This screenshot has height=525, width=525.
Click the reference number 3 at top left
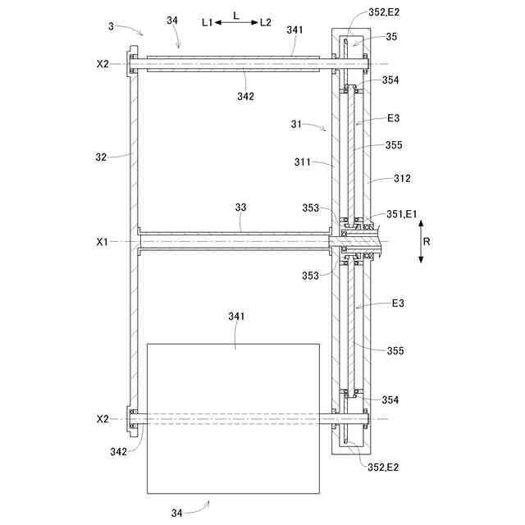(112, 26)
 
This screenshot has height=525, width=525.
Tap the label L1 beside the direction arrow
(208, 22)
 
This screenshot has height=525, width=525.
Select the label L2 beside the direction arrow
(266, 22)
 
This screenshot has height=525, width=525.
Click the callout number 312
(402, 178)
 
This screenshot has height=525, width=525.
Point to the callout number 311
(303, 162)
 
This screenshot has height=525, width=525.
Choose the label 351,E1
(402, 214)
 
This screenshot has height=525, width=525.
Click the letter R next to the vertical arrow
(427, 241)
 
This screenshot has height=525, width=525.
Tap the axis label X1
(103, 242)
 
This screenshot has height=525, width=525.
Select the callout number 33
(240, 208)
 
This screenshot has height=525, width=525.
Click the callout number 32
(101, 157)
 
